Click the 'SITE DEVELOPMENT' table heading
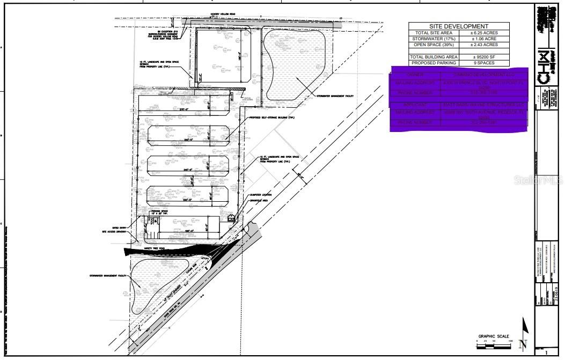coord(459,26)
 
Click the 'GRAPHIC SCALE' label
coord(493,336)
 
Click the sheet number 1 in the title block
coord(546,354)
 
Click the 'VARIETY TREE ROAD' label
coord(155,249)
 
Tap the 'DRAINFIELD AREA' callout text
coord(261,201)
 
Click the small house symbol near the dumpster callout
coord(231,218)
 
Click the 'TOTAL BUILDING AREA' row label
coord(434,56)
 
